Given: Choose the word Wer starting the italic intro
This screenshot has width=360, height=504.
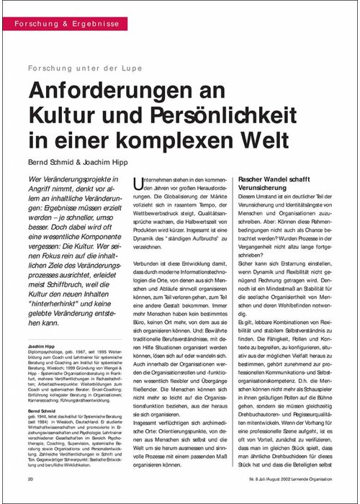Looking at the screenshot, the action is (36, 178).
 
